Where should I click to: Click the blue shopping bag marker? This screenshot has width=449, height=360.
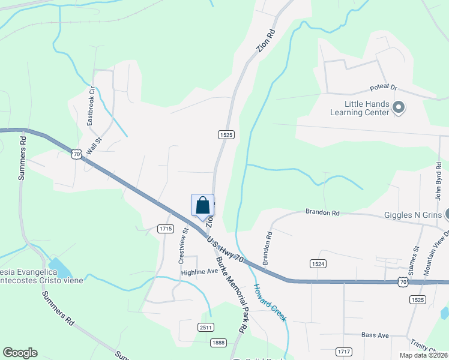pyautogui.click(x=202, y=205)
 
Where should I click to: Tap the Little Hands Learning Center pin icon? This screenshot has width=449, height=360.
pyautogui.click(x=399, y=108)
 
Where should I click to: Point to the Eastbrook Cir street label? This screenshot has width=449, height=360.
pyautogui.click(x=91, y=106)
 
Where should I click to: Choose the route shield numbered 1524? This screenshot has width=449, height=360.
pyautogui.click(x=318, y=264)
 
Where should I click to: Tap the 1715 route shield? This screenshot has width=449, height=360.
pyautogui.click(x=166, y=229)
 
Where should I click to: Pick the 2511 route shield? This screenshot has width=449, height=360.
pyautogui.click(x=205, y=326)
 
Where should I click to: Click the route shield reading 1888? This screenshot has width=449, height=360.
pyautogui.click(x=218, y=343)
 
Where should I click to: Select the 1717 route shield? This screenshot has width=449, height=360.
pyautogui.click(x=344, y=351)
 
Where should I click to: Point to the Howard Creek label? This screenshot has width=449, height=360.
pyautogui.click(x=271, y=303)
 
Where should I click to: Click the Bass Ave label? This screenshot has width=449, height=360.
pyautogui.click(x=375, y=335)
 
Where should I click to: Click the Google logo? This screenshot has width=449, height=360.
pyautogui.click(x=20, y=353)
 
